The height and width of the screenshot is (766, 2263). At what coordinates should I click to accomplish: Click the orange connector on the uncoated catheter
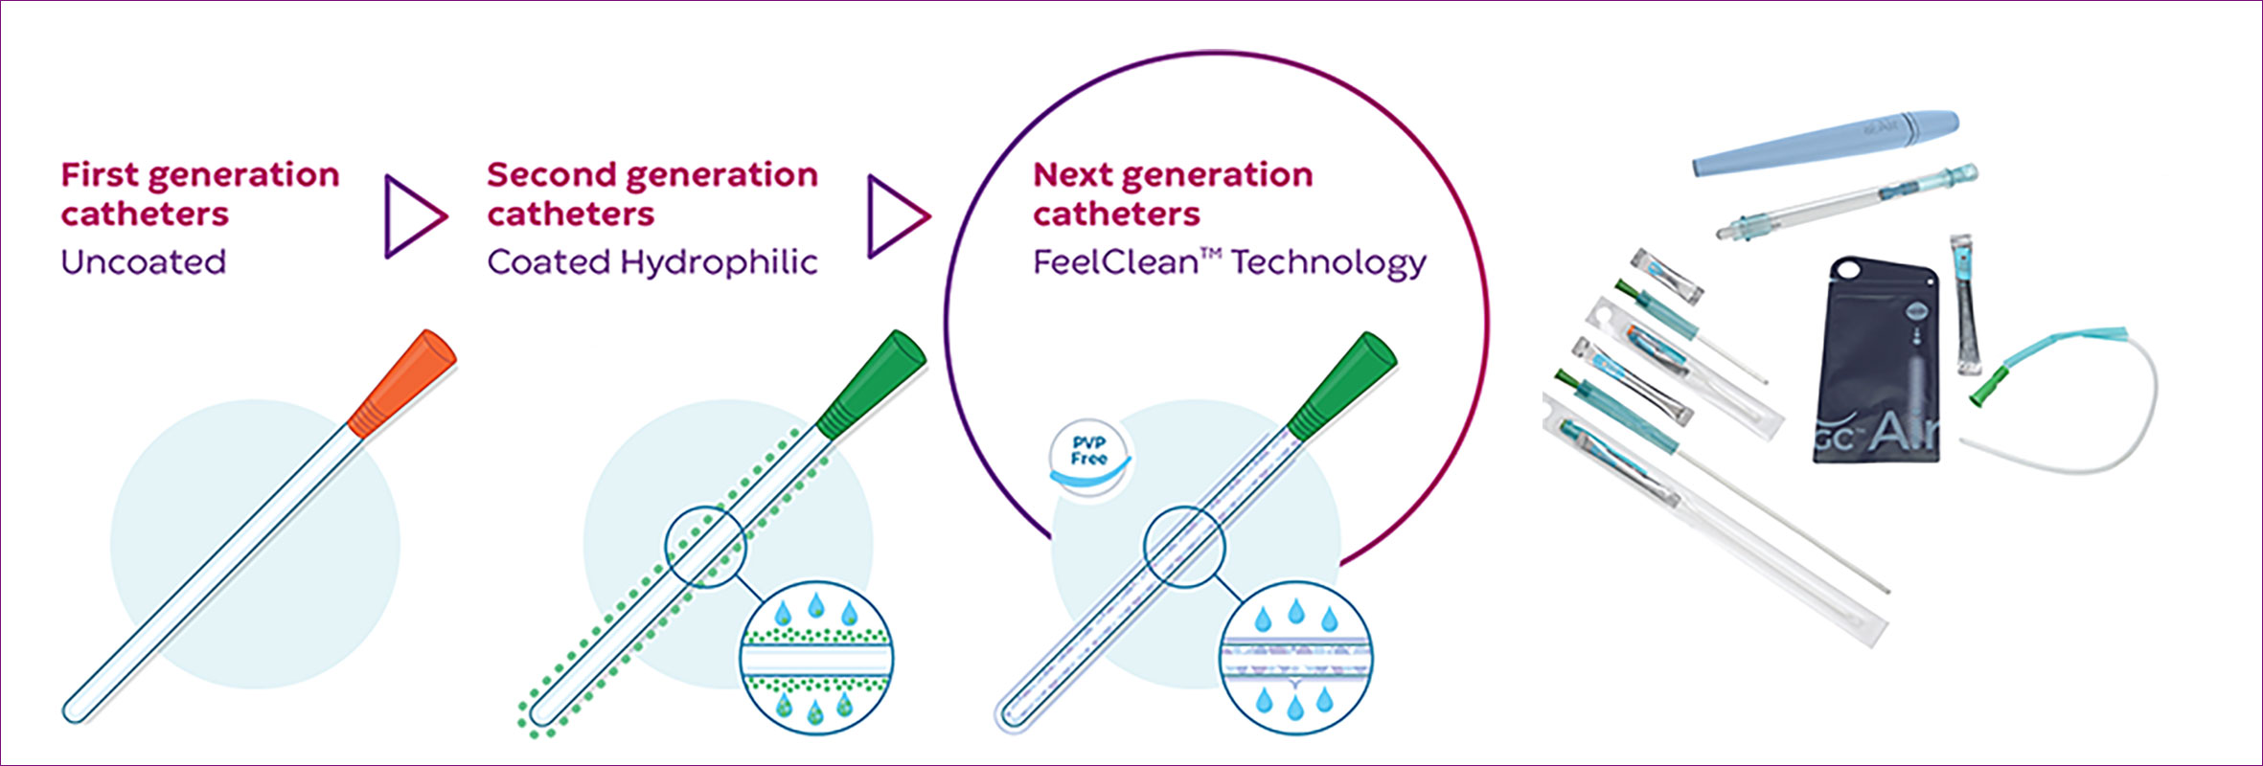pos(402,382)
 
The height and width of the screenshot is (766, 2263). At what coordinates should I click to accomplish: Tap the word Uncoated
pos(144,261)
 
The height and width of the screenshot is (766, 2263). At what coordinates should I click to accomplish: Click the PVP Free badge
pos(1089,451)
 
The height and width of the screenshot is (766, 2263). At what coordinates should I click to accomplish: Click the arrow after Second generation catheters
pos(897,216)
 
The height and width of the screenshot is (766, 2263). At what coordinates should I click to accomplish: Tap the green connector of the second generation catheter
pos(872,382)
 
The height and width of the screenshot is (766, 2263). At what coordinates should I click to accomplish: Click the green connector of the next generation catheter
pos(1341,382)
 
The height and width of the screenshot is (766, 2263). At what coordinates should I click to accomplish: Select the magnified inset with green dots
pos(816,659)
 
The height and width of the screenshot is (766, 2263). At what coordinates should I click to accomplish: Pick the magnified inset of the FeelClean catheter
pos(1295,659)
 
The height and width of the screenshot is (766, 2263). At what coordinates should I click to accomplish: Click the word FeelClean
pos(1115,262)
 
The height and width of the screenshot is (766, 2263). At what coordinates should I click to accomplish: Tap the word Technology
pos(1329,262)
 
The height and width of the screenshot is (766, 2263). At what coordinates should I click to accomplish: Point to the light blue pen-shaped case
pos(1825,144)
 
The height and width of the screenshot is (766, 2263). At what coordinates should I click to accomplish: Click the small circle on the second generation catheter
pos(705,546)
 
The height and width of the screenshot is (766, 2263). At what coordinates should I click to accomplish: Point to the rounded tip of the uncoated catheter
pos(73,711)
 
